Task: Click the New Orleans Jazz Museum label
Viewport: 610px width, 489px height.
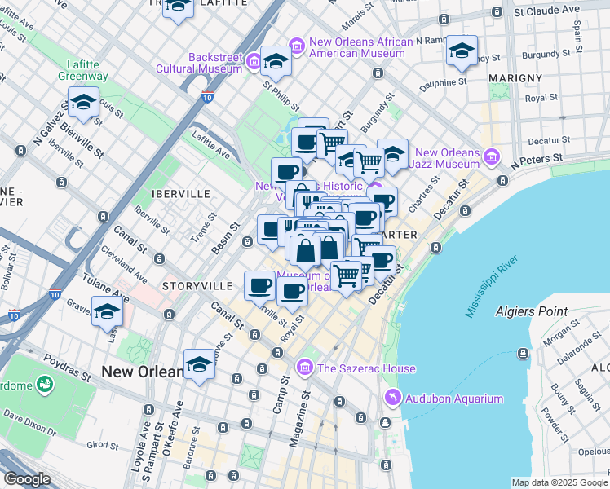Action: [x=446, y=158]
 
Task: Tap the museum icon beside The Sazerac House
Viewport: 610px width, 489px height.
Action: [x=306, y=368]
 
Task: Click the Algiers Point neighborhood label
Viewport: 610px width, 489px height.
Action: [x=531, y=311]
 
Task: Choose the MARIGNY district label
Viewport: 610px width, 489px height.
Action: [x=515, y=77]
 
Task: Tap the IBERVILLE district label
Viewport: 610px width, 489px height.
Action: [x=169, y=194]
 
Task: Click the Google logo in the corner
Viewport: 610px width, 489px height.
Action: [x=27, y=479]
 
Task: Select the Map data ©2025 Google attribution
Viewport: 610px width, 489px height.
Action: [x=559, y=483]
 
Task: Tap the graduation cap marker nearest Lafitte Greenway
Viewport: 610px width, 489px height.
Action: [x=83, y=103]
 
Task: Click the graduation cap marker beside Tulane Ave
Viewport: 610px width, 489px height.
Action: [x=107, y=312]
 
